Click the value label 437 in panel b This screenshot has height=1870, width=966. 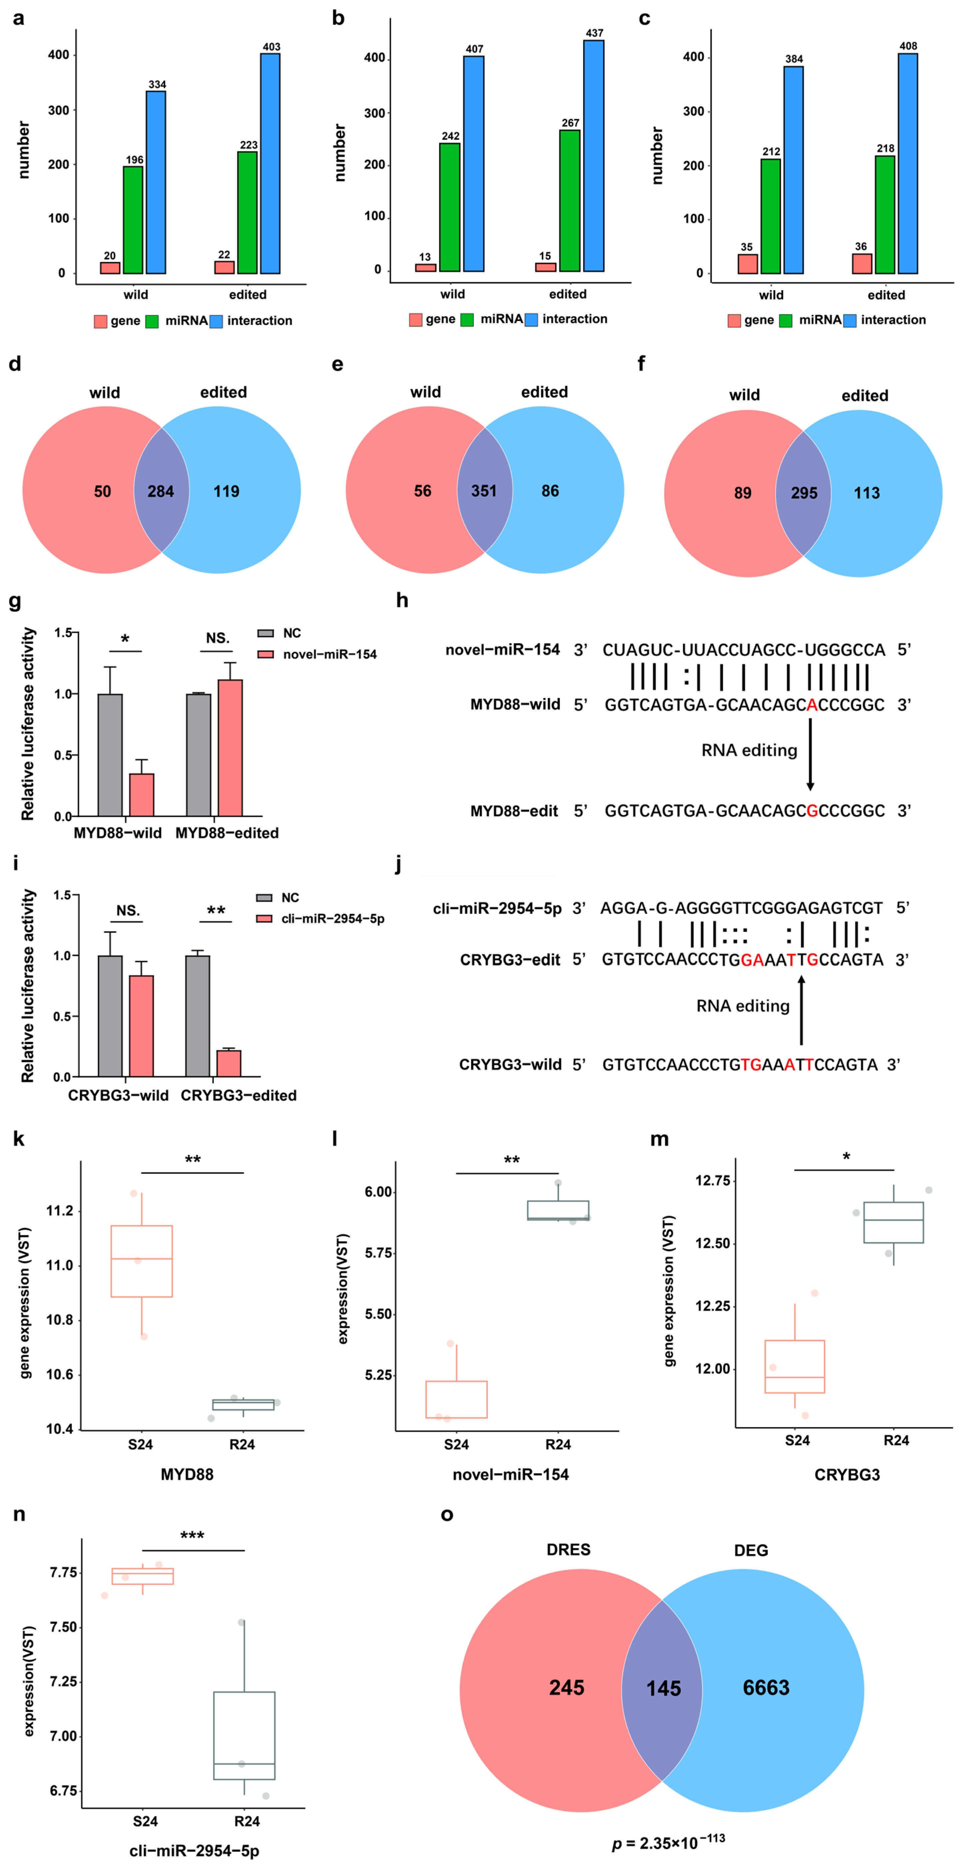pyautogui.click(x=594, y=33)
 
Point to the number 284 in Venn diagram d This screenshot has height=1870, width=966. pyautogui.click(x=161, y=491)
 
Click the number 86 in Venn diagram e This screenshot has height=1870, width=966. pyautogui.click(x=550, y=491)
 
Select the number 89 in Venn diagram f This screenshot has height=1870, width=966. pyautogui.click(x=742, y=493)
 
